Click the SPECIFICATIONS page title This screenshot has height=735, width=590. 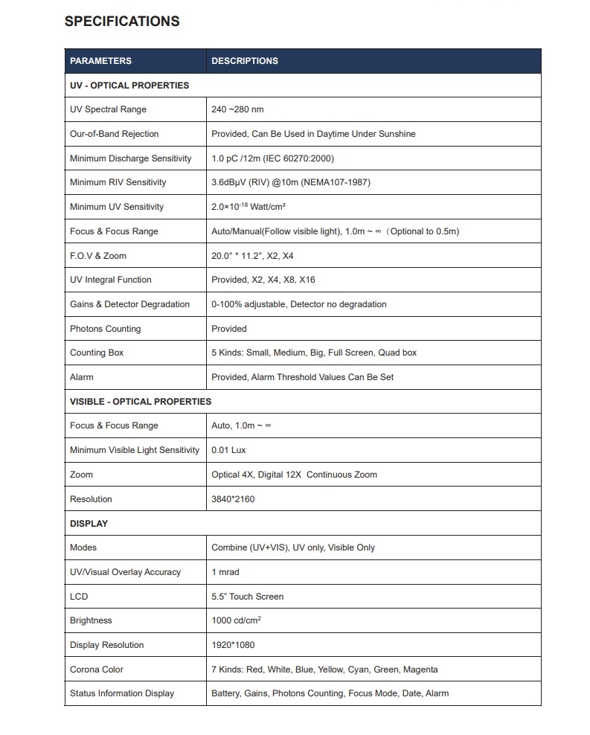pos(122,22)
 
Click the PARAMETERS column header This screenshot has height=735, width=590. pos(100,61)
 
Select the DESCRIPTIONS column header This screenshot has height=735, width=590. pos(245,61)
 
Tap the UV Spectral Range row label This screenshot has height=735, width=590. pos(108,109)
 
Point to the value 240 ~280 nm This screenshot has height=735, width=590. pos(237,109)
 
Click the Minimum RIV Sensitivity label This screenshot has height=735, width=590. pos(118,182)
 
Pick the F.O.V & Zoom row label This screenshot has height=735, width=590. pos(98,256)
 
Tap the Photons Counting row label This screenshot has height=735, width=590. pos(105,329)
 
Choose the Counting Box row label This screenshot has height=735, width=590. pos(97,353)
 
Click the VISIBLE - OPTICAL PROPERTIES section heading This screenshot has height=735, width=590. pos(141,402)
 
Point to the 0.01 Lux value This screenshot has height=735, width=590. pos(228,450)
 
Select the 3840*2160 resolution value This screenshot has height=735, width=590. pos(233,499)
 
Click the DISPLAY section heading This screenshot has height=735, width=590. pos(89,524)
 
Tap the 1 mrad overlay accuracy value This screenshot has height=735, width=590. pos(225,572)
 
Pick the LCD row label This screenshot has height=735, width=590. pos(79,597)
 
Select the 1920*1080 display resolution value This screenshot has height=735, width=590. pos(233,645)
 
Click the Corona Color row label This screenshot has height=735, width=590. pos(97,670)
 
